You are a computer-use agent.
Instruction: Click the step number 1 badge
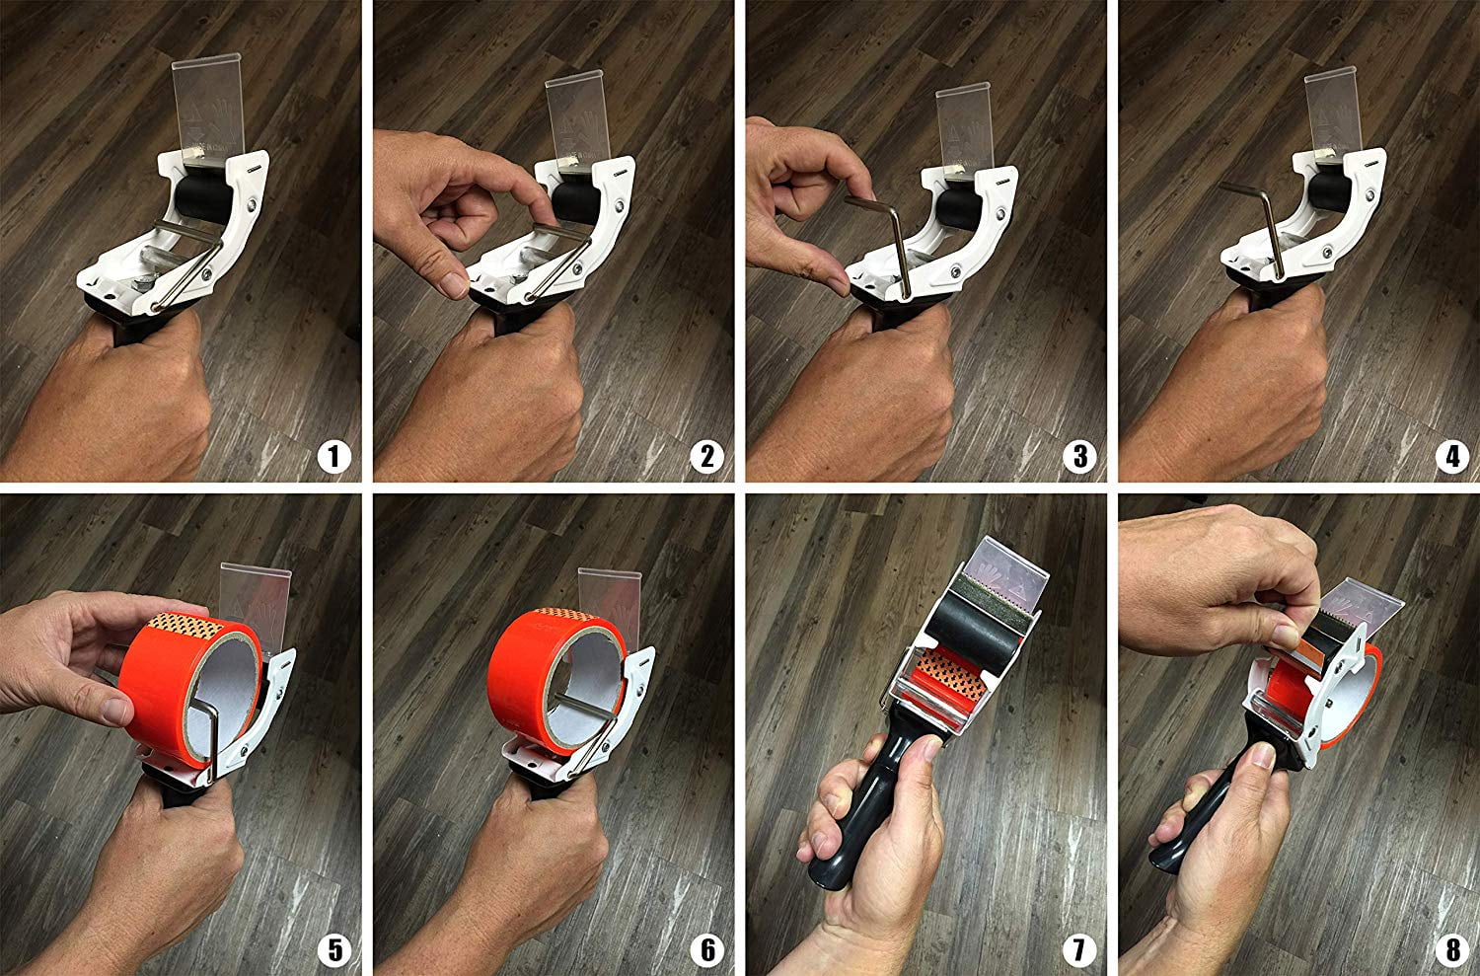(x=333, y=457)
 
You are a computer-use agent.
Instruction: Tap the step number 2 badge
(x=707, y=457)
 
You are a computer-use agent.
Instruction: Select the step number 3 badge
(x=1079, y=457)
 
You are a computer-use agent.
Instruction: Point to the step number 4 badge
(x=1452, y=457)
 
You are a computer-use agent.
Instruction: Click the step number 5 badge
(x=333, y=950)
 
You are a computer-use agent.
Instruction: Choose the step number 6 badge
(x=707, y=950)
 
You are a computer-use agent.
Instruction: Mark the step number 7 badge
(x=1079, y=950)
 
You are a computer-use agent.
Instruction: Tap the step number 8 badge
(x=1452, y=950)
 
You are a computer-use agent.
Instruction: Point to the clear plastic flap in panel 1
(x=209, y=109)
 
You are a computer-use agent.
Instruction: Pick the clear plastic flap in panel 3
(x=965, y=128)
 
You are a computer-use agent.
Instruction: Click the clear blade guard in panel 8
(x=1360, y=607)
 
